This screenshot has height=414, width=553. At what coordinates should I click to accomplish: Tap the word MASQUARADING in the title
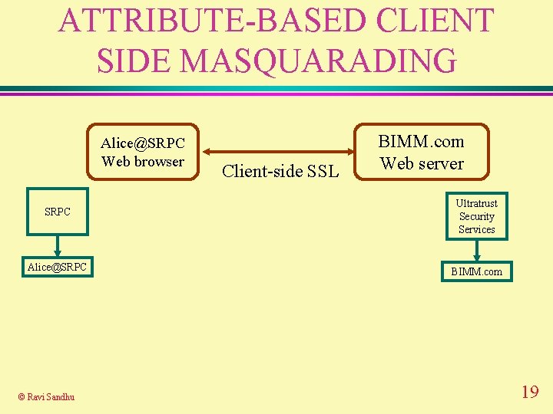(x=317, y=60)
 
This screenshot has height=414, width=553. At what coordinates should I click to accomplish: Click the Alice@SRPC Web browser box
(x=144, y=152)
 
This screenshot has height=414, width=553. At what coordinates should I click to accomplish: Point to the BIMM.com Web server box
(x=422, y=152)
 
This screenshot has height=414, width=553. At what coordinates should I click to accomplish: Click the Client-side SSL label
(x=280, y=171)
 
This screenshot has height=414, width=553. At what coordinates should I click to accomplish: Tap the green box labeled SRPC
(x=57, y=212)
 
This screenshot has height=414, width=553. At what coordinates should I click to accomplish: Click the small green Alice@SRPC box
(x=57, y=267)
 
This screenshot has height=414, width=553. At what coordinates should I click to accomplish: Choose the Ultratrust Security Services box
(x=476, y=216)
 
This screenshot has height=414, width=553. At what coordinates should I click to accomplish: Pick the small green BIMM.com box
(x=476, y=271)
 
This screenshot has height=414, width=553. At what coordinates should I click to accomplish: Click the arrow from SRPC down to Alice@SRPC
(x=57, y=246)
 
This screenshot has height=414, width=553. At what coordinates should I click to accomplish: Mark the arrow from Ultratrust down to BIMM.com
(x=477, y=250)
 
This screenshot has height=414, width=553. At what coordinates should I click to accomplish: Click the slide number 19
(x=529, y=393)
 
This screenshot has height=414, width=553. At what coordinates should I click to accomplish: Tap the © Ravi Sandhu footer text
(x=47, y=396)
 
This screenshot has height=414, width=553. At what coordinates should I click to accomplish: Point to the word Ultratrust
(x=476, y=203)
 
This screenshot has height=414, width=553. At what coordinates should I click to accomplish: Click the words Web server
(x=422, y=163)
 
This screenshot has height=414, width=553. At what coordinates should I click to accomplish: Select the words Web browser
(x=143, y=161)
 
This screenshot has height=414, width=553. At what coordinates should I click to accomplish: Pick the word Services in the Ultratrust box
(x=476, y=229)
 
